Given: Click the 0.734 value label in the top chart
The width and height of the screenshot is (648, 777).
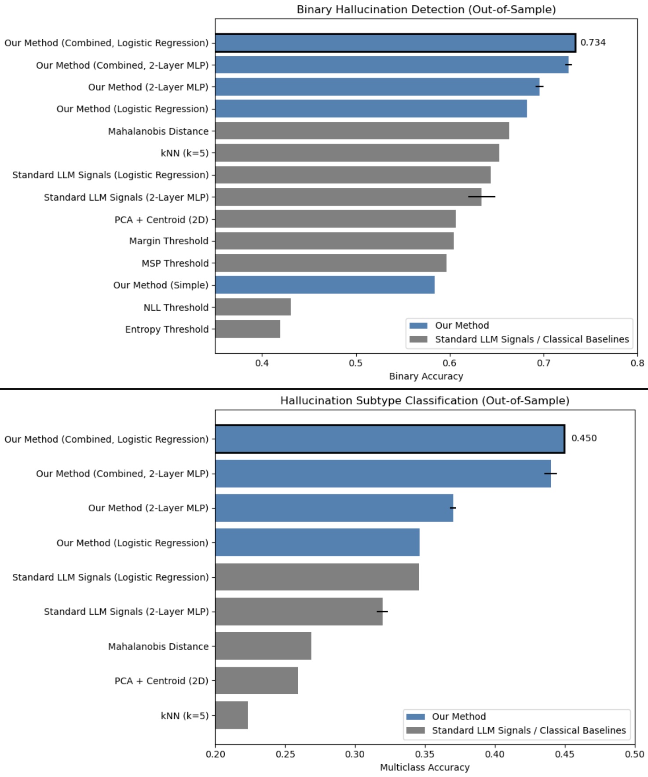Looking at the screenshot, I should tap(593, 43).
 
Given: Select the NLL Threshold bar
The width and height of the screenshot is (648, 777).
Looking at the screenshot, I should tap(253, 307).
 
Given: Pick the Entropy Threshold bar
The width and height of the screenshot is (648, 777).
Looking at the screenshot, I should tap(248, 329).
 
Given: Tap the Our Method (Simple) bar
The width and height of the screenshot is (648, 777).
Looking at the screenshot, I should tap(325, 285).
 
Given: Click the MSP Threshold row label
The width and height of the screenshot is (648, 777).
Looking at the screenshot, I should tap(175, 263).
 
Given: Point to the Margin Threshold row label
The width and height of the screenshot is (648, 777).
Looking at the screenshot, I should tap(168, 241).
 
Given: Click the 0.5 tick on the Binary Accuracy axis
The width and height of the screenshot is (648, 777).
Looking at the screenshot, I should tap(356, 363).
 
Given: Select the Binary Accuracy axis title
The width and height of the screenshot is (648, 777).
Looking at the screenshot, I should tap(426, 376).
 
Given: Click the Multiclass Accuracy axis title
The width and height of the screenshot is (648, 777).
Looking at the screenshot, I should tap(425, 767).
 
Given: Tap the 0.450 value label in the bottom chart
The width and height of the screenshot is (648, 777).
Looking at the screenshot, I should tap(584, 438).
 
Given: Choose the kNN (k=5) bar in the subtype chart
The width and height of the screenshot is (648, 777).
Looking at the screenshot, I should tap(232, 715).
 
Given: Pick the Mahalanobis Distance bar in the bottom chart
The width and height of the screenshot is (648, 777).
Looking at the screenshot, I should tap(263, 646).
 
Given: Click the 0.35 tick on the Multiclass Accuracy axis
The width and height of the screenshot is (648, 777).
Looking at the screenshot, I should tap(425, 754).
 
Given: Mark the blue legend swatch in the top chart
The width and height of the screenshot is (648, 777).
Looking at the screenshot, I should tap(418, 326).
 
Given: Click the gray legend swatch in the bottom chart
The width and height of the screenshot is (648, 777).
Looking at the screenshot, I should tap(416, 730).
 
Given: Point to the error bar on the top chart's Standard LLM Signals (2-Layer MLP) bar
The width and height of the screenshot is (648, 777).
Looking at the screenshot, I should tap(482, 197).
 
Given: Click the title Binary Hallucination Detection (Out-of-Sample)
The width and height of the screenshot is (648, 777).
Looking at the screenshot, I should tap(426, 10).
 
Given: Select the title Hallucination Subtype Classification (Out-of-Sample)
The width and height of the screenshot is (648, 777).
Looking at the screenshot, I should tap(425, 401).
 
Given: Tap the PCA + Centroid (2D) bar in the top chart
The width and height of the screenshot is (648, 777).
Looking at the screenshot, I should tap(335, 219).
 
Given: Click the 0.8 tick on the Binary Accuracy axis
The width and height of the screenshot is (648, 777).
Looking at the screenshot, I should tap(637, 363).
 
